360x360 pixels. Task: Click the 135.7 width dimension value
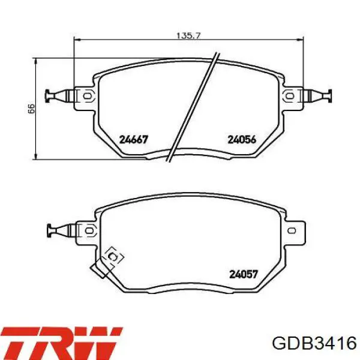[x=188, y=36]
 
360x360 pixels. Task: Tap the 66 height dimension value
[x=31, y=109]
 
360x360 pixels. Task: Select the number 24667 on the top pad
[x=134, y=139]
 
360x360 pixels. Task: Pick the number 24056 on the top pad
[x=242, y=139]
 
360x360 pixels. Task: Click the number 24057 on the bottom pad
[x=244, y=274]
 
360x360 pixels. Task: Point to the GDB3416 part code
[x=314, y=344]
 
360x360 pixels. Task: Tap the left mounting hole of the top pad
[x=87, y=96]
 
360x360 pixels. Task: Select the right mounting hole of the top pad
[x=289, y=96]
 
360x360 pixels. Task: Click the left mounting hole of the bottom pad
[x=89, y=230]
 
